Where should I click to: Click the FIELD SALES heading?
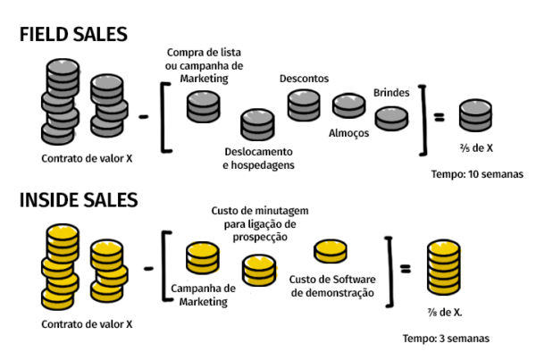point(73,34)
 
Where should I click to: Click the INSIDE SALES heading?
point(79,200)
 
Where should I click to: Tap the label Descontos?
point(305,79)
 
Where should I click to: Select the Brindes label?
point(391,93)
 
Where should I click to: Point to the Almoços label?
point(349,133)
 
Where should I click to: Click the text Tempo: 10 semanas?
point(477,174)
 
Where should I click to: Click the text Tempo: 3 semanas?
point(446,339)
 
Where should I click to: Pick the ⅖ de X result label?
point(476,148)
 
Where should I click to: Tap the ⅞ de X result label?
point(445,312)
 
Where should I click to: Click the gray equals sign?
point(440,117)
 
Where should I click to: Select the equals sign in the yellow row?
point(406,268)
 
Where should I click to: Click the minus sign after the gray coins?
point(144,117)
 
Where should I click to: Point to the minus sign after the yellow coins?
point(148,268)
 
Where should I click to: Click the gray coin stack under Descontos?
point(304,105)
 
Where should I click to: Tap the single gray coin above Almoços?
point(349,105)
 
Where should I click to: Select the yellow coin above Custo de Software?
point(331,251)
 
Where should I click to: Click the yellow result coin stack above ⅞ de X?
point(444,267)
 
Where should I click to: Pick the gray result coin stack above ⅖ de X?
point(475,115)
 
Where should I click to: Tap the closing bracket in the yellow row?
point(390,272)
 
